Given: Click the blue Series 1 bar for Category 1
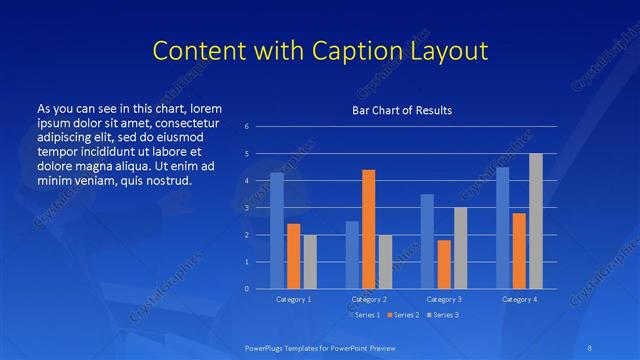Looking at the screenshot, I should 277,231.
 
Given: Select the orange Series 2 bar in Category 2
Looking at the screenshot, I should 368,229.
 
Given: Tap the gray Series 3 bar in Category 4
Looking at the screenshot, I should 536,221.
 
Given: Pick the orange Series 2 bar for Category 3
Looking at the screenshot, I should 444,264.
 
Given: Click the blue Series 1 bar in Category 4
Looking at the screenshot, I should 502,228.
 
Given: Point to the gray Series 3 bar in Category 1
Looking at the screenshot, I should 310,262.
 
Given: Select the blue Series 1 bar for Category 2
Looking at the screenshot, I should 352,255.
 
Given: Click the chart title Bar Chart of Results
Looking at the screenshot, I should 402,110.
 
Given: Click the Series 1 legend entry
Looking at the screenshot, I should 363,315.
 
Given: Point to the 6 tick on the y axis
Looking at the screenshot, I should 247,127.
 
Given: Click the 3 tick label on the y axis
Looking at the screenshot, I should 247,208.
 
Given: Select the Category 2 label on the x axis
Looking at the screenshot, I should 368,299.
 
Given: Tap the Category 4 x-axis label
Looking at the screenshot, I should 519,299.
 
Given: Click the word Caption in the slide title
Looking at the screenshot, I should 367,51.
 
